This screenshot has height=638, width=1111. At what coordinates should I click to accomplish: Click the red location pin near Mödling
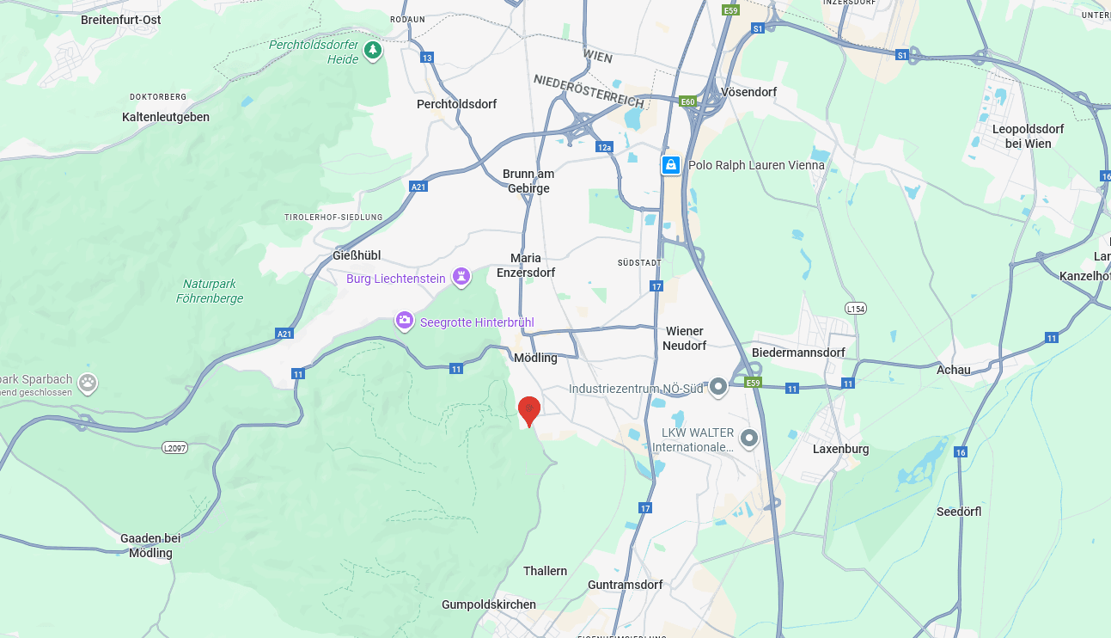pos(529,409)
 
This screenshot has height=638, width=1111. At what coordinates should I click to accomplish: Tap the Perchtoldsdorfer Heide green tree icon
pos(372,51)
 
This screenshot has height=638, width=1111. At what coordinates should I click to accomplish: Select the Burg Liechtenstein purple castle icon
pos(462,278)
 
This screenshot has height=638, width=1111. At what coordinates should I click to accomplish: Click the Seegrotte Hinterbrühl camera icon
pos(404,321)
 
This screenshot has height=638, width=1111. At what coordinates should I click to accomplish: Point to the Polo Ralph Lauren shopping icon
pos(671,165)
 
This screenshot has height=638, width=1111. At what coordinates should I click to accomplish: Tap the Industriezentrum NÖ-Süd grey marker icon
pos(718,388)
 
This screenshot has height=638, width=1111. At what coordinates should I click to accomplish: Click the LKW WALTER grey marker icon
pos(749,439)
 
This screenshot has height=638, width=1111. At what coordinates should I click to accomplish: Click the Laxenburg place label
pos(840,449)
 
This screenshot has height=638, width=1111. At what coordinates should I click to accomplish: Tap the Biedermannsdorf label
pos(798,353)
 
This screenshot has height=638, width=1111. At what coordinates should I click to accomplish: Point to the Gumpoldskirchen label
pos(489,604)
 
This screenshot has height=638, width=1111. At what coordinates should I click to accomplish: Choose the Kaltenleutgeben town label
pos(166,117)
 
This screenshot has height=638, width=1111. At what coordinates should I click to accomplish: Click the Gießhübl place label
pos(357,255)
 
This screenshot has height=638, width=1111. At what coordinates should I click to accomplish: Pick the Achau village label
pos(954,370)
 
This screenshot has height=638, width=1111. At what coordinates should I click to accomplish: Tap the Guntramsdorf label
pos(626,585)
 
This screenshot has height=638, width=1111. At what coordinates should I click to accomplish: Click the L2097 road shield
pos(174,448)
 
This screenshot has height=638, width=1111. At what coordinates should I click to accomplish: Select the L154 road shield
pos(855,308)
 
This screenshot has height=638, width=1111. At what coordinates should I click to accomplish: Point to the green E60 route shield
pos(687,101)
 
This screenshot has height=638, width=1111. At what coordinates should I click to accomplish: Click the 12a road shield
pos(605,147)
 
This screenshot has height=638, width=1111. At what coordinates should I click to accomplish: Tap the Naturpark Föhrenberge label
pos(210,291)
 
